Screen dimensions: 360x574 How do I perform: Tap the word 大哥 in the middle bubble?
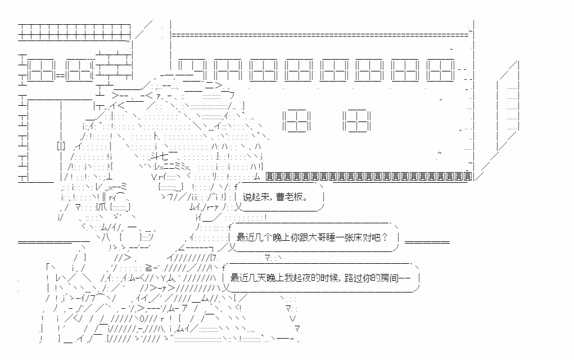click(315, 237)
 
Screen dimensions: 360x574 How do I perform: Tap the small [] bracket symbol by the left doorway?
click(61, 146)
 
